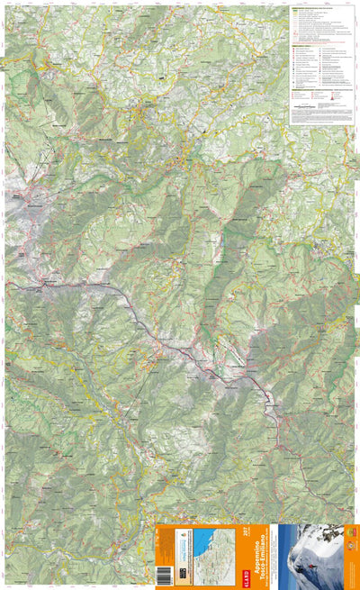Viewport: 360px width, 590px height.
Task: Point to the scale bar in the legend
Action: click(x=310, y=106)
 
